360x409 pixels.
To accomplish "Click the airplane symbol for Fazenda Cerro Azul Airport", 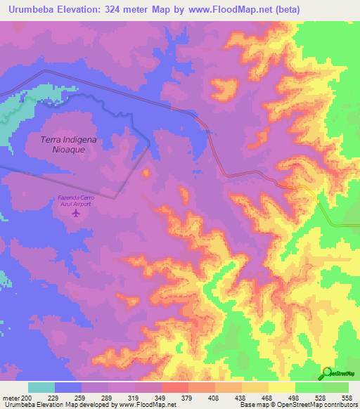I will click(76, 212).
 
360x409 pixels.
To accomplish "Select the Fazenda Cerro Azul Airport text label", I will click(75, 200).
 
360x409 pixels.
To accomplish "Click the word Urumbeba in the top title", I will click(28, 10).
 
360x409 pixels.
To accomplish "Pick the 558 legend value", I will click(347, 398).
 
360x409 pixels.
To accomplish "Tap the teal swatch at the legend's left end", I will click(41, 387).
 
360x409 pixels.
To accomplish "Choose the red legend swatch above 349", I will click(174, 387).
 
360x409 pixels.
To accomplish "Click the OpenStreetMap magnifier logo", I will click(328, 372).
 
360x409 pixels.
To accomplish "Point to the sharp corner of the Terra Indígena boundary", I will click(150, 144).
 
